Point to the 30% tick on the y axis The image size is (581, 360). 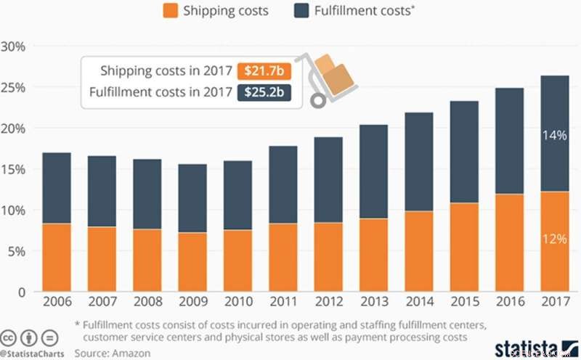[15, 46]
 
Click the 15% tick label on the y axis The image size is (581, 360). [15, 169]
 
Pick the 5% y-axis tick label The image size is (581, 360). [17, 251]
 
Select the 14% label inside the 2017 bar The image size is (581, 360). [553, 134]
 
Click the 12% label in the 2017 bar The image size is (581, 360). [553, 239]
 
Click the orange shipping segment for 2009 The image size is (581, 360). [192, 262]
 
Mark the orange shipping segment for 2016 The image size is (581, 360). [509, 242]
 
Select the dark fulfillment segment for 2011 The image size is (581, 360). [283, 184]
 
